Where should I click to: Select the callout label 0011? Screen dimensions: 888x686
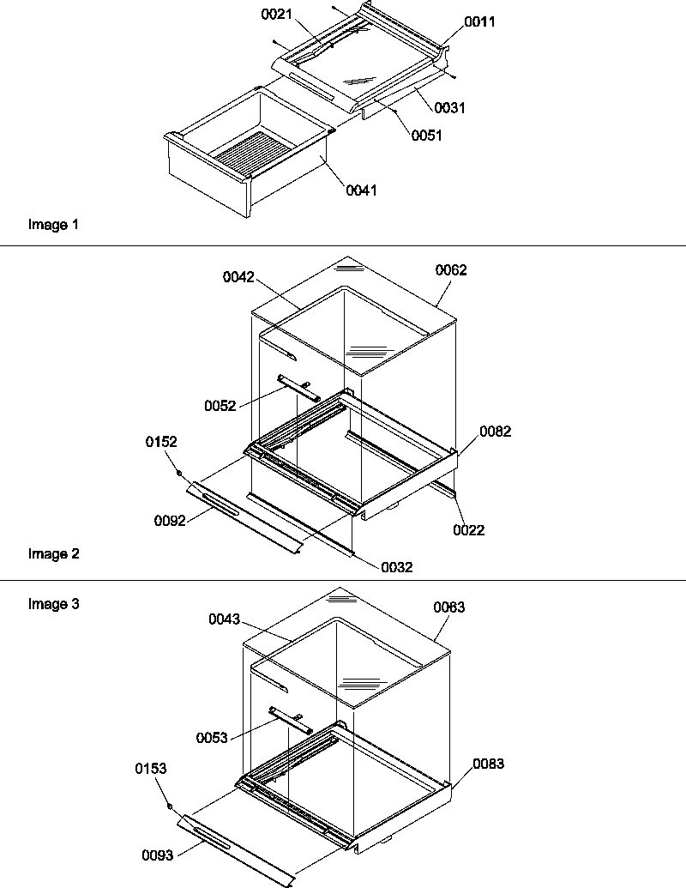tap(480, 21)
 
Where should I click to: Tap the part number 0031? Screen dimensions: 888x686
tap(450, 107)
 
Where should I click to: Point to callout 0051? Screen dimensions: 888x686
tap(426, 136)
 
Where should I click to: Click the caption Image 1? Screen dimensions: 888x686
tap(53, 225)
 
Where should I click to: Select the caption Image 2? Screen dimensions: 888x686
tap(53, 553)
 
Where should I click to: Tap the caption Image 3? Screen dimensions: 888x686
tap(53, 604)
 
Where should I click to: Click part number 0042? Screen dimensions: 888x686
tap(239, 277)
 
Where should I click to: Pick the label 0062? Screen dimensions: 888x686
tap(450, 270)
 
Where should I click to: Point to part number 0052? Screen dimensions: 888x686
tap(221, 405)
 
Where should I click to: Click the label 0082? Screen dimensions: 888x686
tap(496, 432)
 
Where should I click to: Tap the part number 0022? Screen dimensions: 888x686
tap(469, 530)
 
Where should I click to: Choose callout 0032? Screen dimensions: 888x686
tap(397, 566)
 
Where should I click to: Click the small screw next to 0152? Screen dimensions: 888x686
tap(178, 473)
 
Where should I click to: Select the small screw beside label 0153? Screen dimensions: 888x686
tap(170, 807)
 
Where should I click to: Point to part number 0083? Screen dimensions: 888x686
tap(488, 764)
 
